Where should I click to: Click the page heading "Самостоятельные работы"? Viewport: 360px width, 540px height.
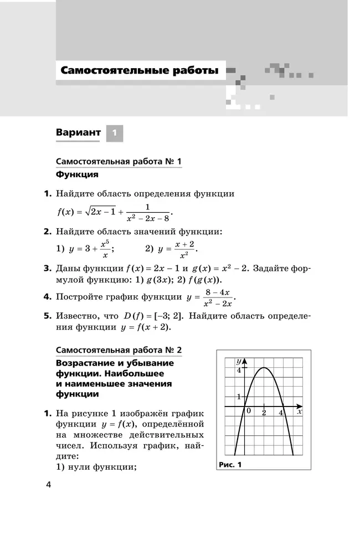[140, 71]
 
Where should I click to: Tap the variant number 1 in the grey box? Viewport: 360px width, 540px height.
[114, 133]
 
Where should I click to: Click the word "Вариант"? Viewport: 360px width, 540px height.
[78, 133]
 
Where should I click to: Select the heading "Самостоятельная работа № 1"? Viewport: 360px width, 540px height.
[119, 162]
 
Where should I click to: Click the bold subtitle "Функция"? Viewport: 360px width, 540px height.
[77, 174]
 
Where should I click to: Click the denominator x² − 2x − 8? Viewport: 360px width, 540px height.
[147, 218]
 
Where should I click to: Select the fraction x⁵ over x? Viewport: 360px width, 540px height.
[105, 249]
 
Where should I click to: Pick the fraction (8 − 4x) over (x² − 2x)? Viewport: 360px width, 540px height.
[217, 297]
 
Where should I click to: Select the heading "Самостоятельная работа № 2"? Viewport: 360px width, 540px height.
[119, 351]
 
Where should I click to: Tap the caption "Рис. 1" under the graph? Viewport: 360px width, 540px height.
[230, 465]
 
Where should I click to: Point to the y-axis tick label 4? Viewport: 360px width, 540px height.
[239, 370]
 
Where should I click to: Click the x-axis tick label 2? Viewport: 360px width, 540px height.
[265, 413]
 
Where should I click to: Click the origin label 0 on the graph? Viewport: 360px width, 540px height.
[249, 411]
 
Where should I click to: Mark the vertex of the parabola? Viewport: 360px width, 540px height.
[264, 368]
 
